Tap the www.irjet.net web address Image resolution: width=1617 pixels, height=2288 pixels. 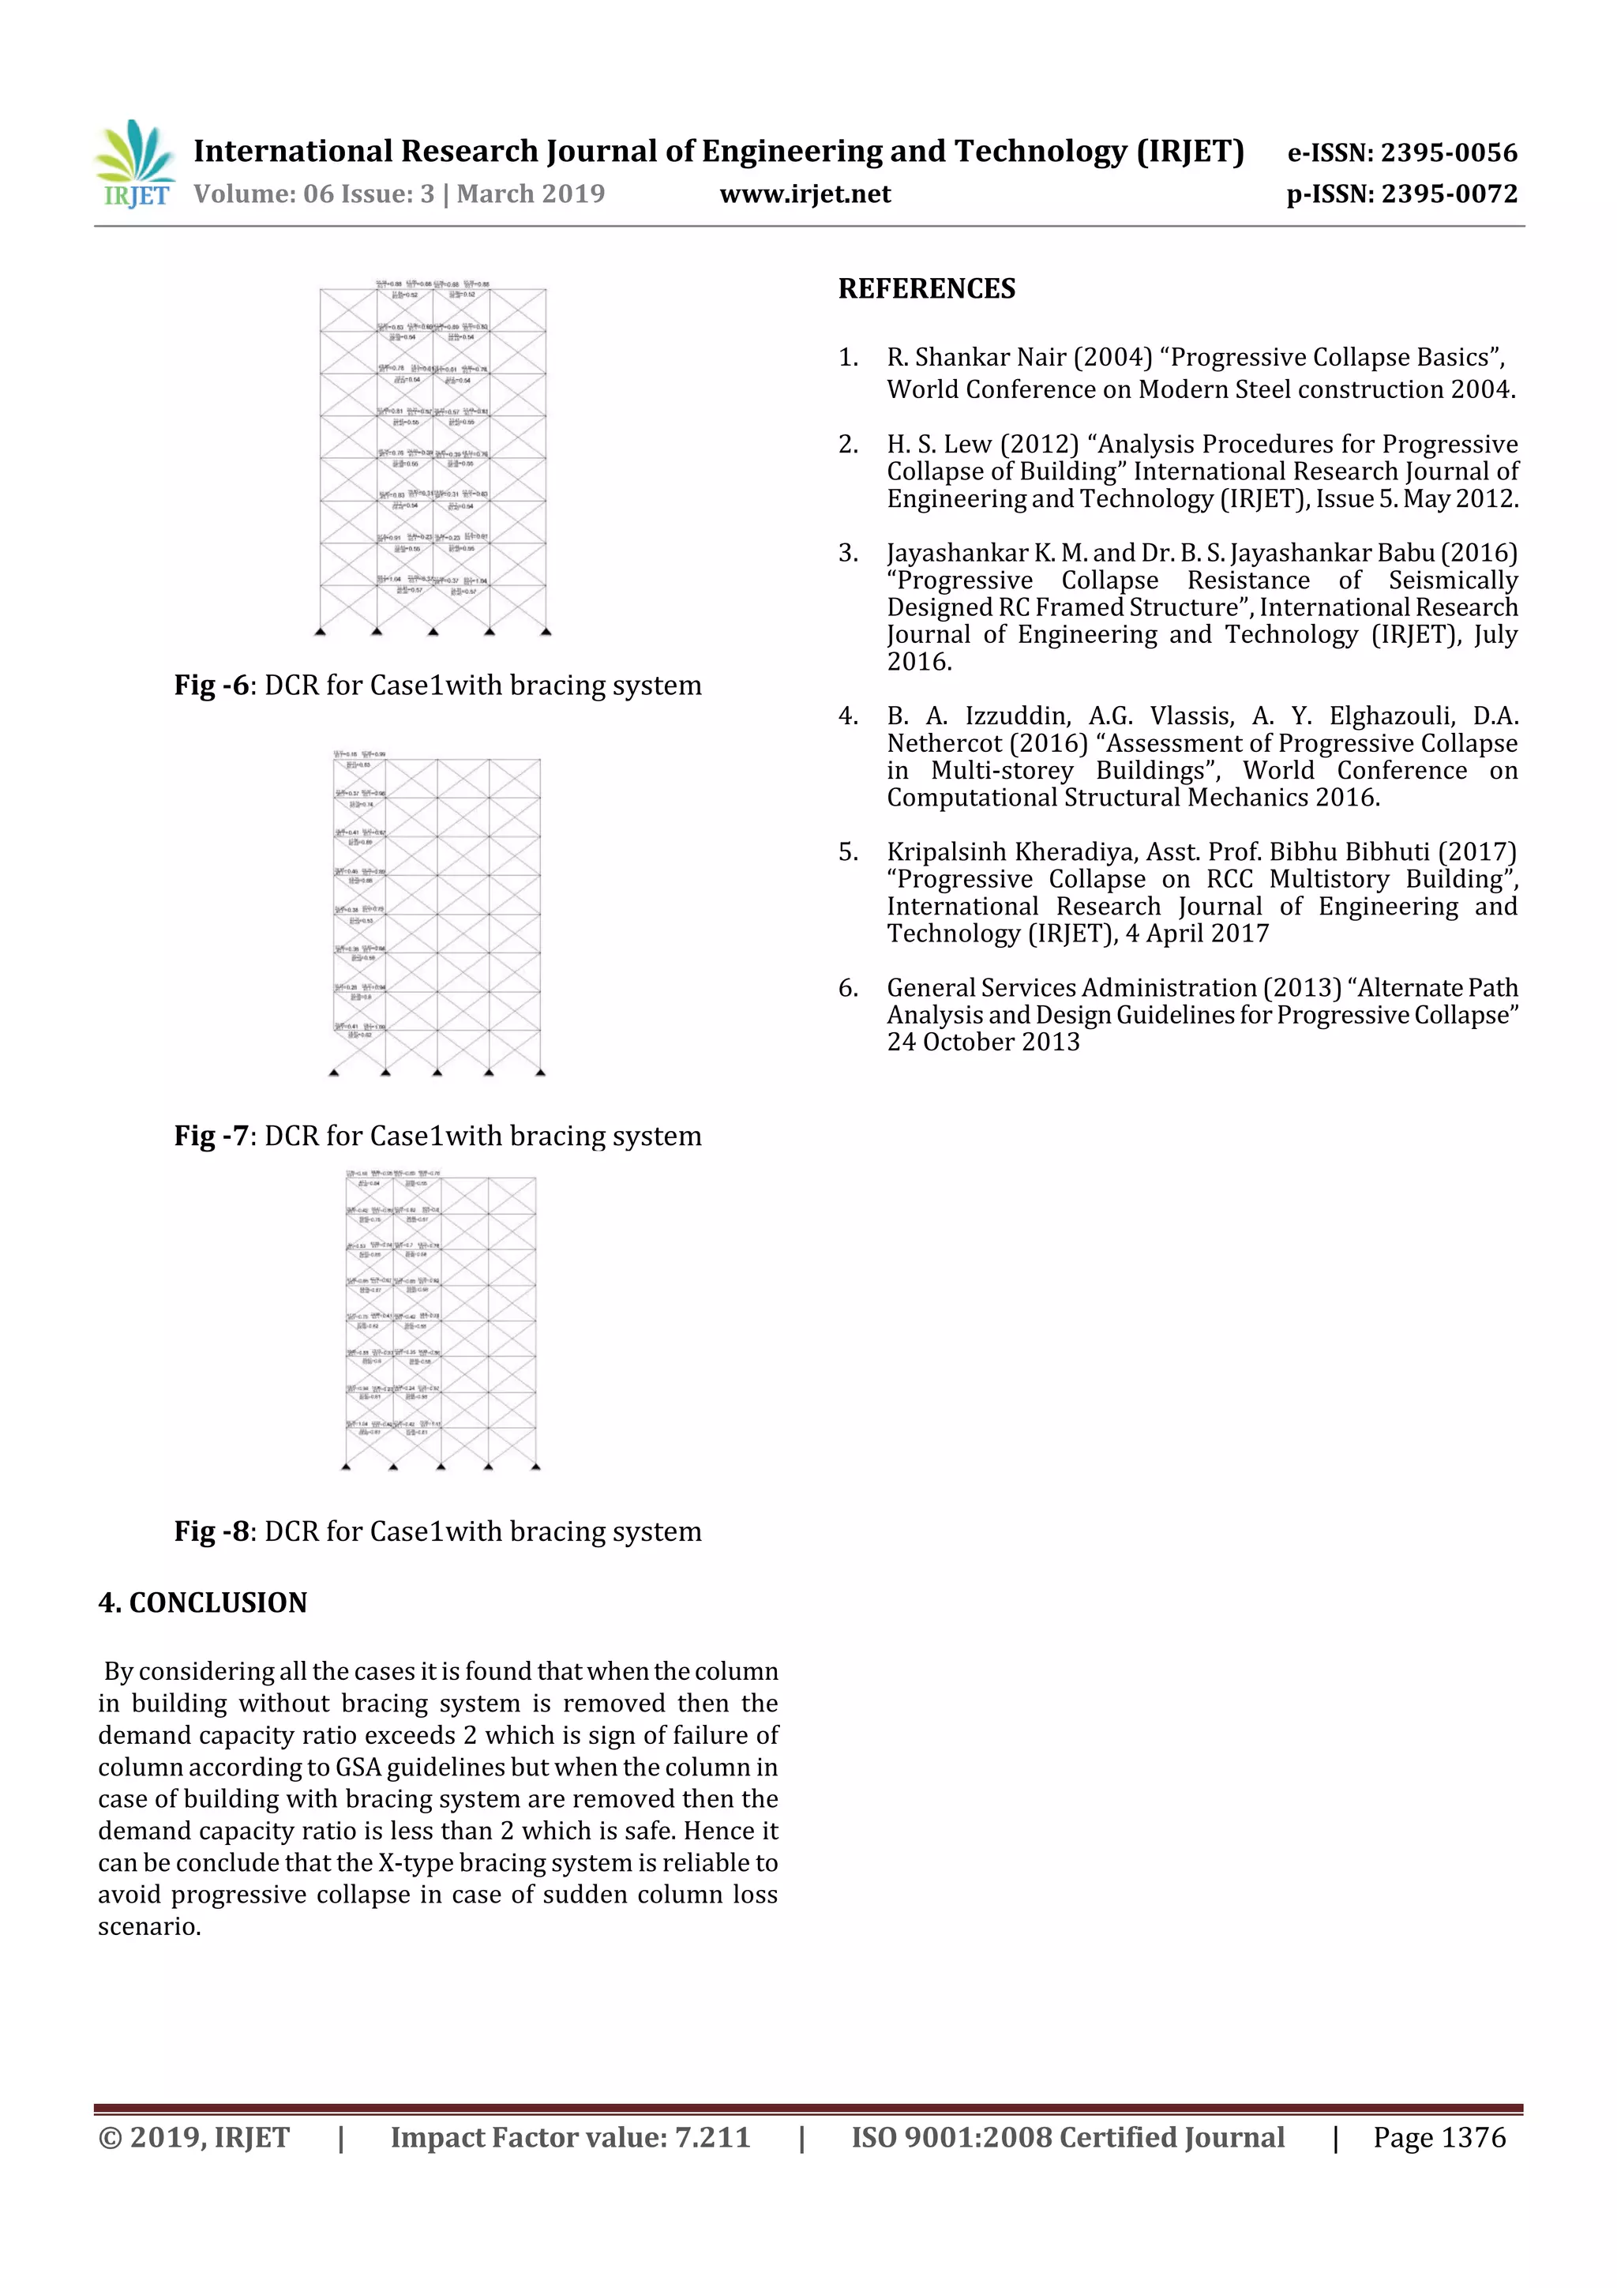[805, 194]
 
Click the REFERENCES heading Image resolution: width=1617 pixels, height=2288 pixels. [927, 289]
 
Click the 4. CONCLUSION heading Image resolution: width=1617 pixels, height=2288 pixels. [203, 1602]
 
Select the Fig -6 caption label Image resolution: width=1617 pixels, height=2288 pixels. [212, 686]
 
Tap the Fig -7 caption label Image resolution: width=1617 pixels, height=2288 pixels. [212, 1136]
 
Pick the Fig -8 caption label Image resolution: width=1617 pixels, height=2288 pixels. [212, 1531]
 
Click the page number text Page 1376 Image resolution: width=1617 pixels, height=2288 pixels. [1439, 2137]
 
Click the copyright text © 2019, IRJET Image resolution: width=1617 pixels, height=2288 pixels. [194, 2137]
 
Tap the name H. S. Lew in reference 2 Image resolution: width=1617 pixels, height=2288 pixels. [940, 445]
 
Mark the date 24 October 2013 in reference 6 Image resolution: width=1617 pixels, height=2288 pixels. [983, 1043]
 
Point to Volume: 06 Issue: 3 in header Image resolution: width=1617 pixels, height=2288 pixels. [313, 194]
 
